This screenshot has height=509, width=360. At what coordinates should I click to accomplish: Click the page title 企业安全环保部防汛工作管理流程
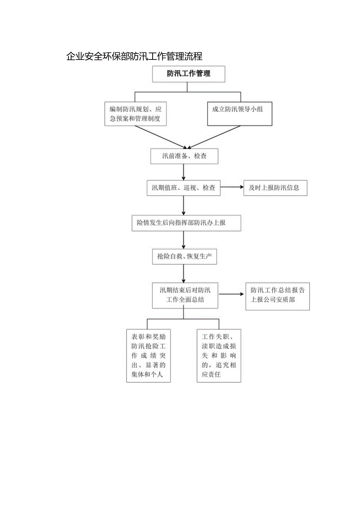coord(134,56)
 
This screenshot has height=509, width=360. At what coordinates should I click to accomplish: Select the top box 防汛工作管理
coord(188,74)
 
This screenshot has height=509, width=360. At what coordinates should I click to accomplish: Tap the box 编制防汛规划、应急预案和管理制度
coord(135,114)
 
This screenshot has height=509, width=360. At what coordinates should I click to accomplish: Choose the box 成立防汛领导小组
coord(239,114)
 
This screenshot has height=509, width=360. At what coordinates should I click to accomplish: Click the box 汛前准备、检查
coord(184,156)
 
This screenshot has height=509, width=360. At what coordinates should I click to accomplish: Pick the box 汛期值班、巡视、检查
coord(183,188)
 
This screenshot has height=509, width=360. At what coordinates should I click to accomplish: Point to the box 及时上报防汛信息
coord(275,188)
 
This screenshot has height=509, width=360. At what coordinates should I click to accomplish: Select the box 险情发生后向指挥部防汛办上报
coord(186,223)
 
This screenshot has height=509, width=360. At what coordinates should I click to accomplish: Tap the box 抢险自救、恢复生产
coord(184,257)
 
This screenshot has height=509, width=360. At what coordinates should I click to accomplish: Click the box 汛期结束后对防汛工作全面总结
coord(185,295)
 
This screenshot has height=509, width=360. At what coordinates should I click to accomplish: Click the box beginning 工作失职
coord(219,356)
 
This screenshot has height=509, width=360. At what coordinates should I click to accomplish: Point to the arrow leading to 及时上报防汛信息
coord(232,187)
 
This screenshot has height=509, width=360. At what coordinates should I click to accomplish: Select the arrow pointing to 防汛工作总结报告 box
coord(232,295)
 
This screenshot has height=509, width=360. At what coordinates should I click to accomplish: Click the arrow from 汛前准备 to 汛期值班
coord(184,172)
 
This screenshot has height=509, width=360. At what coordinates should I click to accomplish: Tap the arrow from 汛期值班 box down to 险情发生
coord(184,205)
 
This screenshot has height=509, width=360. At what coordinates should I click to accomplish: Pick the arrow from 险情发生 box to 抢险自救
coord(184,239)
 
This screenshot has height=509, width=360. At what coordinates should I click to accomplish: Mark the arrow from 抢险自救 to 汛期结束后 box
coord(184,273)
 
